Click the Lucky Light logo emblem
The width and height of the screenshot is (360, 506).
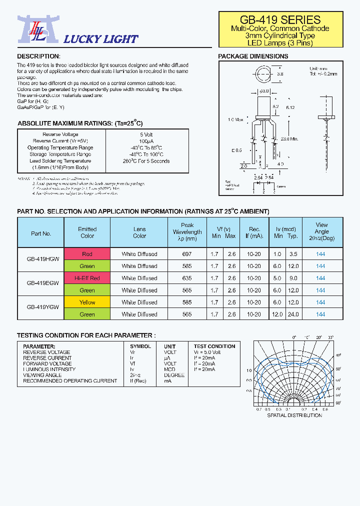[x=32, y=29]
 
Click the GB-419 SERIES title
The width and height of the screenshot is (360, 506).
[x=280, y=20]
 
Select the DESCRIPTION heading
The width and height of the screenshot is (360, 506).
[x=38, y=56]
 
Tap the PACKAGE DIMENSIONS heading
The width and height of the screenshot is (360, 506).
[x=253, y=56]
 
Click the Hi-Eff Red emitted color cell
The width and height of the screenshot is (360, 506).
[x=87, y=278]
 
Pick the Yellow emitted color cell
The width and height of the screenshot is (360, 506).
[x=87, y=302]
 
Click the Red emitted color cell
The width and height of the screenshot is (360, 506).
[x=87, y=254]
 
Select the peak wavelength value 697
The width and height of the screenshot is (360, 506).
[x=187, y=254]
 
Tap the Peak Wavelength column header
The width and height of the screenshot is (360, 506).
[x=187, y=232]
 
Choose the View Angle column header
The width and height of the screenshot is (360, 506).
[x=321, y=232]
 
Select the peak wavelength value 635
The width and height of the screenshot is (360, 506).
[x=187, y=278]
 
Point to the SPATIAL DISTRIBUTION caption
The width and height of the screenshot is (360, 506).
[x=294, y=415]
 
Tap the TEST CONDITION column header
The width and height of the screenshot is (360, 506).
[x=214, y=346]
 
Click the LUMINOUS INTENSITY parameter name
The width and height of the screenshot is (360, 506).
[x=49, y=369]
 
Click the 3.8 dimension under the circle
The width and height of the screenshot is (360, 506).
[x=280, y=73]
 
